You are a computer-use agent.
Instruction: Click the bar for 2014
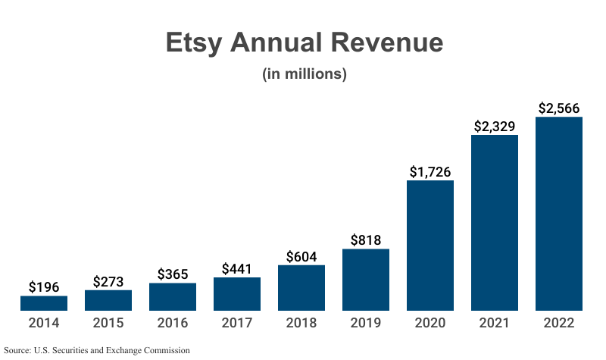(x=44, y=303)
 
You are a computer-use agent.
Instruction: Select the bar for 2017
(x=237, y=294)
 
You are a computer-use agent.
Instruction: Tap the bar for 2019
(x=366, y=280)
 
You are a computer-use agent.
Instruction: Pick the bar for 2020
(x=430, y=246)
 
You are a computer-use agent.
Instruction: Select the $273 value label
(x=108, y=280)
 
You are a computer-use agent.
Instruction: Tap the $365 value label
(x=173, y=274)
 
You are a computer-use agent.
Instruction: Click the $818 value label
(x=366, y=239)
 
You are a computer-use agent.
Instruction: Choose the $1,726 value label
(x=430, y=171)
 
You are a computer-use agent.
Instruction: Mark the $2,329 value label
(x=495, y=126)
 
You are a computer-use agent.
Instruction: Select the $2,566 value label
(x=559, y=108)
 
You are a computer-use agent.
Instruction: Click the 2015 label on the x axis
(x=108, y=323)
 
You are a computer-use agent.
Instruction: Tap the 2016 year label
(x=173, y=323)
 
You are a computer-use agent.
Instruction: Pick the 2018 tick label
(x=301, y=323)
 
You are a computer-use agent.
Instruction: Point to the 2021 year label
(x=495, y=323)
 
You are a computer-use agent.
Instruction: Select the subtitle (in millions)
(x=304, y=74)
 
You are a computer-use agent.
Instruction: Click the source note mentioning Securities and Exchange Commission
(x=96, y=350)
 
